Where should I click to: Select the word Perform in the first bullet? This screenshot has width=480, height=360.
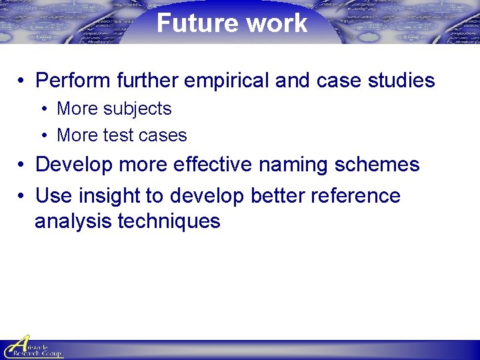tap(73, 81)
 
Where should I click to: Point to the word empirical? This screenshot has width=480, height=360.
tap(223, 81)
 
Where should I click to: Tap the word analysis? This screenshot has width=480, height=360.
tap(73, 221)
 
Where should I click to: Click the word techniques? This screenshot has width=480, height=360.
tap(169, 221)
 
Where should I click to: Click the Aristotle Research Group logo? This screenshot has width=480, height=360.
tap(32, 347)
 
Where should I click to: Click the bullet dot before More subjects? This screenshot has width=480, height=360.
tap(43, 109)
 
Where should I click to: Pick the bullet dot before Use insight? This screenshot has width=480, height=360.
tap(22, 197)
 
